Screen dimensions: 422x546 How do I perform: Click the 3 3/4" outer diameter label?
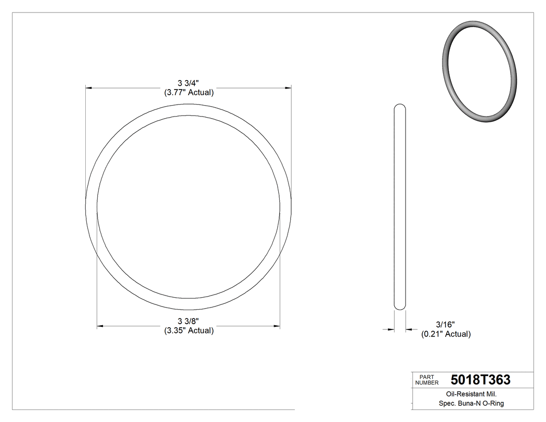pyautogui.click(x=189, y=83)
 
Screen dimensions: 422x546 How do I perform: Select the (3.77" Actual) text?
pyautogui.click(x=189, y=93)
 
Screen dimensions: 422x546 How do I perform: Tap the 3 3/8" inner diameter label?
pyautogui.click(x=189, y=321)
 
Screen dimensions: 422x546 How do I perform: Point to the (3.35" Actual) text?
pyautogui.click(x=189, y=330)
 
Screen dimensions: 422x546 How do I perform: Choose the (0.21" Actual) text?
pyautogui.click(x=446, y=334)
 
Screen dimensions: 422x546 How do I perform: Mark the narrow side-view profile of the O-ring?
pyautogui.click(x=400, y=208)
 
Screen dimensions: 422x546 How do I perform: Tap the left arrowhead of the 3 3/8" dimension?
pyautogui.click(x=100, y=326)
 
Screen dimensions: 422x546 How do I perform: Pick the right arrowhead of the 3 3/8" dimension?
pyautogui.click(x=277, y=326)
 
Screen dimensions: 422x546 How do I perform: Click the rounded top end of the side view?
pyautogui.click(x=400, y=107)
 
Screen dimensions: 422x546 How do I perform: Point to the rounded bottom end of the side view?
pyautogui.click(x=400, y=309)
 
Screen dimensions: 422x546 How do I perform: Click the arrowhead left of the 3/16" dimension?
pyautogui.click(x=391, y=329)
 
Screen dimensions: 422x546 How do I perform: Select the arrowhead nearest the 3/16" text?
pyautogui.click(x=409, y=329)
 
